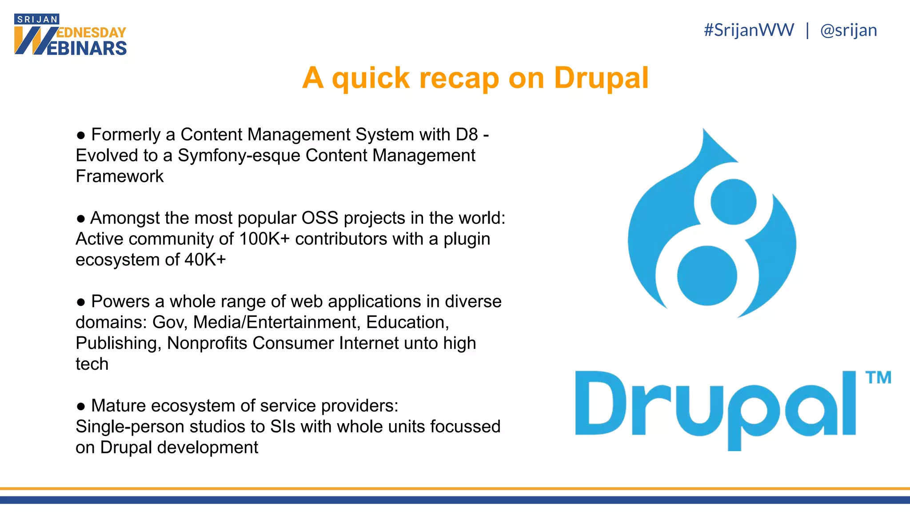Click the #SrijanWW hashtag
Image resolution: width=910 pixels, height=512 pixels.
pos(749,30)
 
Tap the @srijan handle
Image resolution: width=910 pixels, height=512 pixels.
pos(848,30)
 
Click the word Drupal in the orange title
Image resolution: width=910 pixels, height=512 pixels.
pos(601,78)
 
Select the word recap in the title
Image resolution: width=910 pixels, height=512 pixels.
pos(459,78)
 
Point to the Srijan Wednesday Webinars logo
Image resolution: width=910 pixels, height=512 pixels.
pos(70,35)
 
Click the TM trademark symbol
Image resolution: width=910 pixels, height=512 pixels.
pos(878,378)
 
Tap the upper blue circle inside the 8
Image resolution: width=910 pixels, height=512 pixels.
pos(733,202)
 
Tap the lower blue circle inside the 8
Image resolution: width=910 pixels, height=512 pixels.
pos(707,276)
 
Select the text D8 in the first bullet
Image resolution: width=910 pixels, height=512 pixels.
pos(467,135)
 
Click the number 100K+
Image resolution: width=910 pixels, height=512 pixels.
pos(264,239)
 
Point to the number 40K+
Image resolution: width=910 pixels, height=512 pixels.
pos(205,260)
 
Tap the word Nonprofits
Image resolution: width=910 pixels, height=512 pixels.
pos(207,343)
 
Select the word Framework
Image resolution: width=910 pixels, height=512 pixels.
pos(120,176)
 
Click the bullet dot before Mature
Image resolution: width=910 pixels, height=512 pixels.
pos(81,406)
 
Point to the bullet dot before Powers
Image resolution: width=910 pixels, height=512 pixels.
pos(81,302)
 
